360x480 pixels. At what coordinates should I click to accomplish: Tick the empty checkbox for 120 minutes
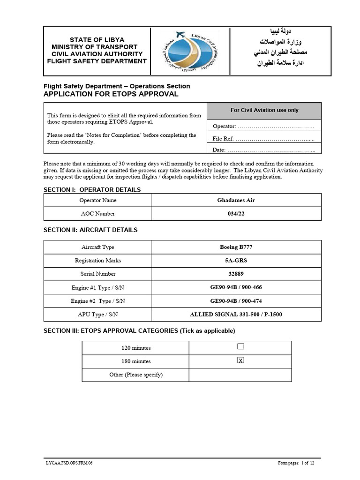point(240,347)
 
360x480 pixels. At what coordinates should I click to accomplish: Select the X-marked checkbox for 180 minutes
point(240,360)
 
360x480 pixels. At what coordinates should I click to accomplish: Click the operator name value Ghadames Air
point(236,200)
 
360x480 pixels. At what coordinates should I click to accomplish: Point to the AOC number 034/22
point(236,214)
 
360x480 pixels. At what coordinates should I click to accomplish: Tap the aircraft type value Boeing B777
point(236,247)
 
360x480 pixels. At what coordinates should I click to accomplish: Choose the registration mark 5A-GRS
point(236,261)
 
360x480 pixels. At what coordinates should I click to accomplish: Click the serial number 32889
point(236,274)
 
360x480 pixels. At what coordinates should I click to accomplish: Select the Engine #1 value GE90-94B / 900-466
point(236,287)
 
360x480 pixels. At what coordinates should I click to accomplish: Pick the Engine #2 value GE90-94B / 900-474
point(236,300)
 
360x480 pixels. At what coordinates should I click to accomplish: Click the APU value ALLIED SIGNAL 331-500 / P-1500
point(236,314)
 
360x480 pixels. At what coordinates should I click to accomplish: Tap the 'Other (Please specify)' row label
point(136,375)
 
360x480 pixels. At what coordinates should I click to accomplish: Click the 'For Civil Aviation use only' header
point(264,111)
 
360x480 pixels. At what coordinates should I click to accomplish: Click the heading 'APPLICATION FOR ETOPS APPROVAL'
point(111,94)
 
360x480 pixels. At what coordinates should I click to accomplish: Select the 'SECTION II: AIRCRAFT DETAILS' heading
point(90,230)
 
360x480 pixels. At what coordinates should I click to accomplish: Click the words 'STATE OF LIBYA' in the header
point(97,40)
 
